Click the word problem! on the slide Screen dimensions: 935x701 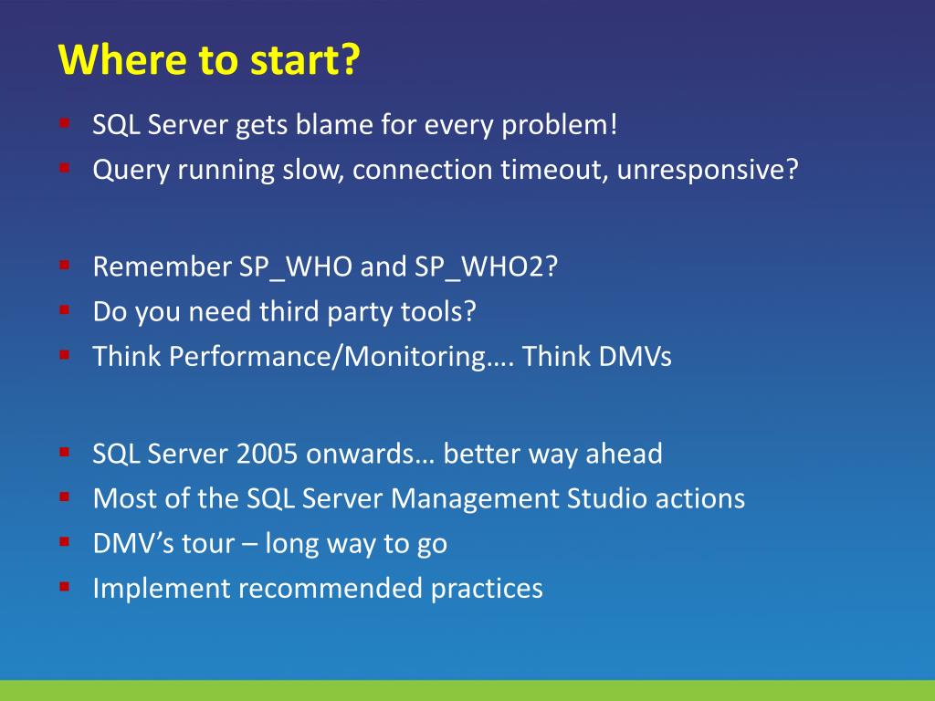(x=560, y=126)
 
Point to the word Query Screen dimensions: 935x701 (x=131, y=171)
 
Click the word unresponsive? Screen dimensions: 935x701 (x=708, y=171)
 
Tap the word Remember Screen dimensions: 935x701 (x=163, y=267)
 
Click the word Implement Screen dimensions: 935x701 (x=162, y=589)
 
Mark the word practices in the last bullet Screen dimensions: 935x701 (x=487, y=589)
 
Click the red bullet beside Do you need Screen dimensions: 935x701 (x=65, y=310)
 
